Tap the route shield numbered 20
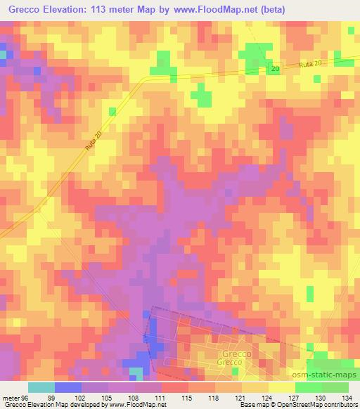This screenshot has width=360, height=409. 275,68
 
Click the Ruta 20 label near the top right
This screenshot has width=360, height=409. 311,64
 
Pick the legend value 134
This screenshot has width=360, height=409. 348,397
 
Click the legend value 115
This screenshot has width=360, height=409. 186,397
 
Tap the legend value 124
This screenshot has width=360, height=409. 266,397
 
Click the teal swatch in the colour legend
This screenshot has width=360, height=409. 41,387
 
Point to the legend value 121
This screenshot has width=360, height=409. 240,397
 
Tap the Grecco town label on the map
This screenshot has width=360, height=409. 237,354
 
